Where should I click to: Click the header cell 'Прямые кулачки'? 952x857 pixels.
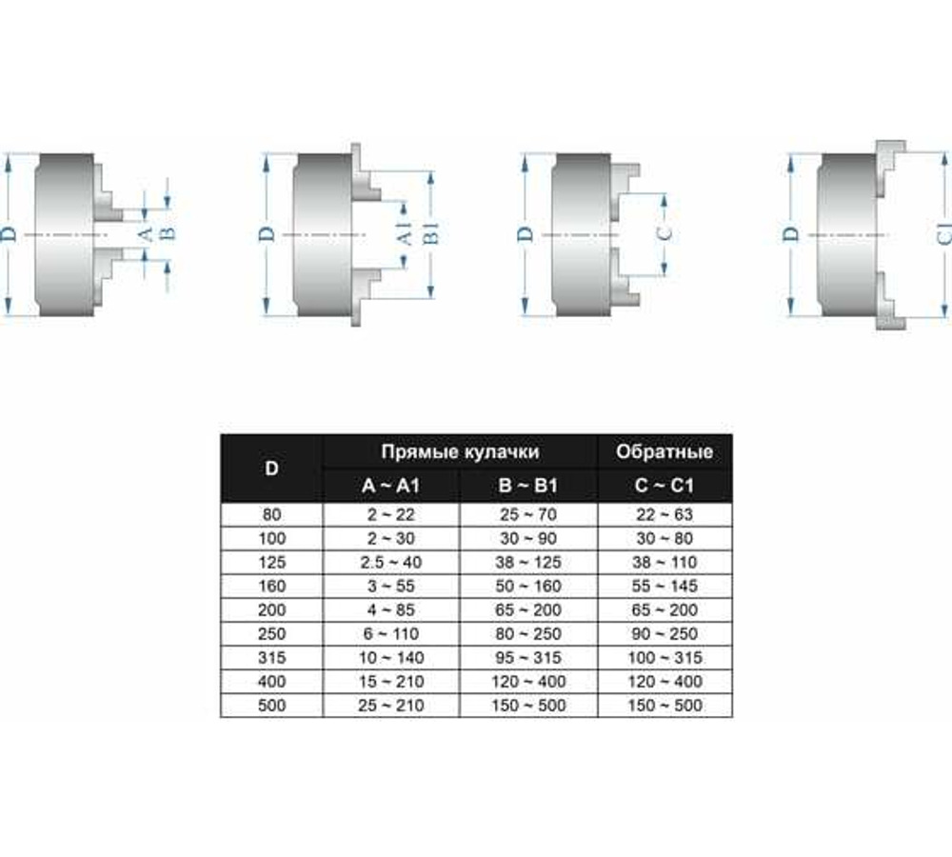[x=460, y=451]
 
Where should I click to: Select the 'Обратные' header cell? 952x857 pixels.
[x=664, y=451]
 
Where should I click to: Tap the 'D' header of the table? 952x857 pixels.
[x=272, y=468]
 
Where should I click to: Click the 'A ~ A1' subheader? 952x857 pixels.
[x=391, y=487]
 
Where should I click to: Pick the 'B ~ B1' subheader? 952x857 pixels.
[x=528, y=487]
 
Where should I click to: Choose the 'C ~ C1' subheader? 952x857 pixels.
[x=664, y=487]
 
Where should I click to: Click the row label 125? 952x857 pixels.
[x=272, y=562]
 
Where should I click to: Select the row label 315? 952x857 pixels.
[x=272, y=658]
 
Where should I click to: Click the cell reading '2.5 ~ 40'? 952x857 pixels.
[x=391, y=562]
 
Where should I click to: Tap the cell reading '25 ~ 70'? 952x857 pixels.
[x=528, y=514]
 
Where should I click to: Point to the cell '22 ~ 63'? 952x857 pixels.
[x=664, y=514]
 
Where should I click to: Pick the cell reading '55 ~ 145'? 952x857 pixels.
[x=664, y=586]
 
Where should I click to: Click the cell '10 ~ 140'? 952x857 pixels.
[x=391, y=658]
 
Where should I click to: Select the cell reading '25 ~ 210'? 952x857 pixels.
[x=391, y=706]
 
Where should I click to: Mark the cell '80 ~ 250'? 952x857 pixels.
[x=528, y=633]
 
